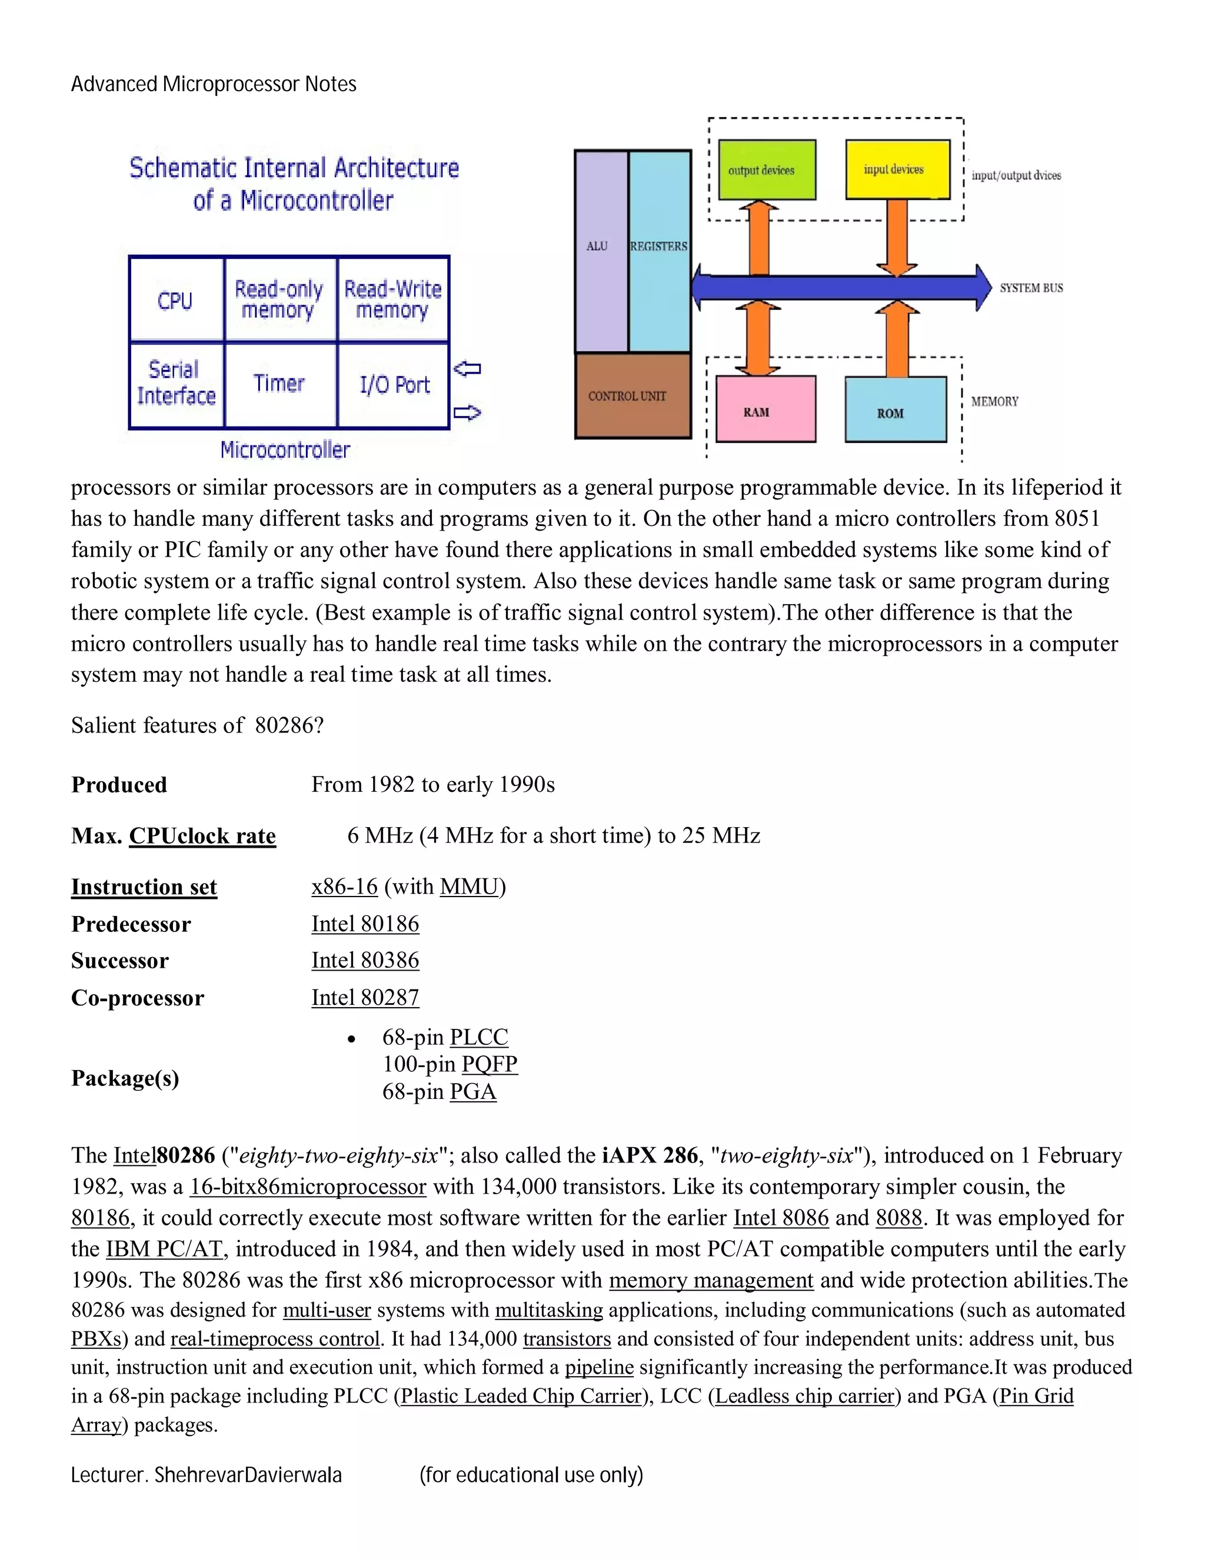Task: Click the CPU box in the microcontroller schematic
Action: [x=175, y=300]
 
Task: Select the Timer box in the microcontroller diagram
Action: [x=279, y=384]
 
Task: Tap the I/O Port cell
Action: [x=394, y=385]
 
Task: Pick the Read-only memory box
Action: [x=279, y=300]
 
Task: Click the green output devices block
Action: [x=766, y=170]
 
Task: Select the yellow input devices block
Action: [x=897, y=169]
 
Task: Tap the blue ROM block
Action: [x=895, y=411]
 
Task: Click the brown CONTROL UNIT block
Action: [x=632, y=395]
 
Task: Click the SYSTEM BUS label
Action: [x=1031, y=288]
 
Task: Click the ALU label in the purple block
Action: [x=597, y=246]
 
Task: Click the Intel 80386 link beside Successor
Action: [x=365, y=961]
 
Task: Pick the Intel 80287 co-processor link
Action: [x=365, y=998]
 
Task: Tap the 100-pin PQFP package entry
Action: [x=450, y=1064]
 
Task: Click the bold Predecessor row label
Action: [x=131, y=924]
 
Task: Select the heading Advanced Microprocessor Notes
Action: [x=214, y=84]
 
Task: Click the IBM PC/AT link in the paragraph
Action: [x=164, y=1249]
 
